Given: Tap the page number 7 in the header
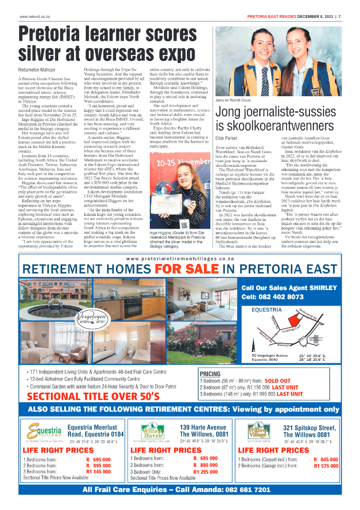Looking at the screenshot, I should [x=339, y=17].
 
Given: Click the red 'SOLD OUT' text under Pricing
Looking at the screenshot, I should [x=278, y=381].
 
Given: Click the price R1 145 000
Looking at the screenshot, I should [x=98, y=471].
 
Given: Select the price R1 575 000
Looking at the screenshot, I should [x=326, y=466].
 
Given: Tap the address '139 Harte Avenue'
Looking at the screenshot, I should [x=203, y=427].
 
